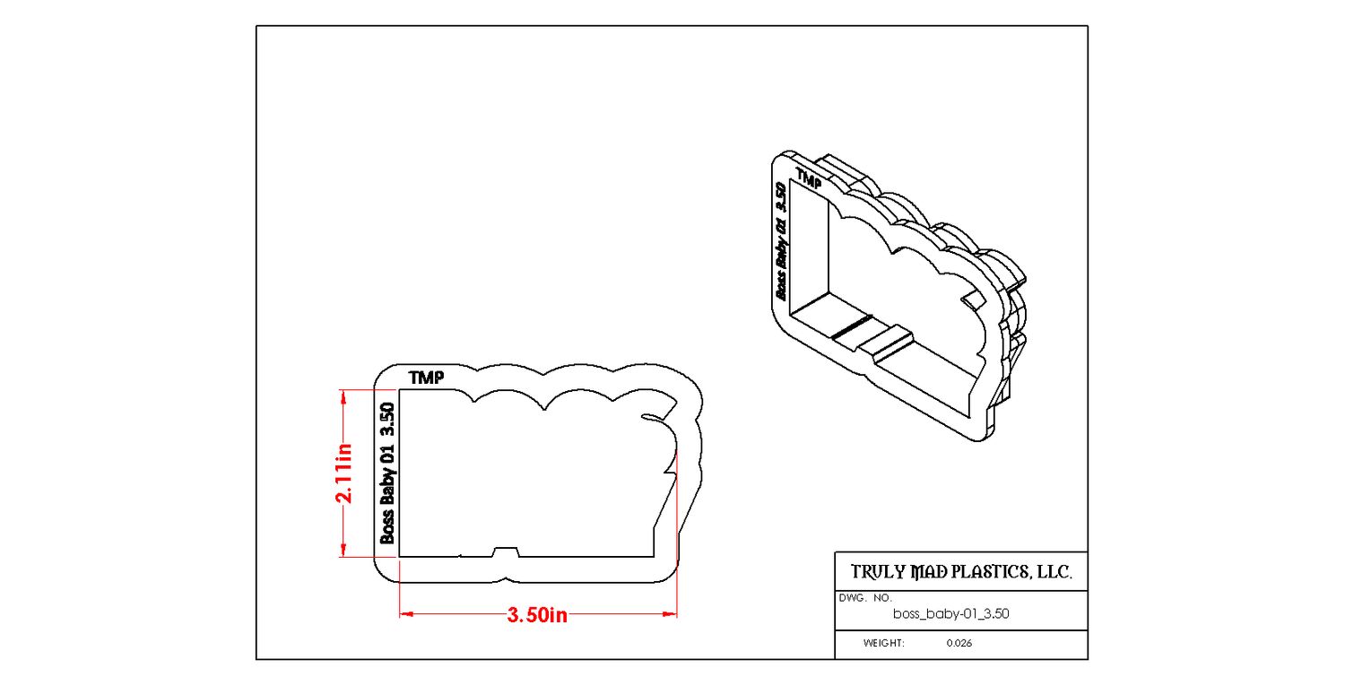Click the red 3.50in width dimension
(x=537, y=614)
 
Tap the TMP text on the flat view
(x=426, y=378)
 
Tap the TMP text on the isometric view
(x=809, y=179)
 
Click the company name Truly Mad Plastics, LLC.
(x=961, y=572)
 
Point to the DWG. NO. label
(x=865, y=598)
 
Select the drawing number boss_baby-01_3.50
(x=951, y=614)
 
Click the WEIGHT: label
(x=884, y=643)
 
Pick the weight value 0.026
(x=959, y=643)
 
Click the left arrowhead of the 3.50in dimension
(x=406, y=614)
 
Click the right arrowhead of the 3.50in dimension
(x=670, y=614)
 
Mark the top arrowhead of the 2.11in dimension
(x=343, y=397)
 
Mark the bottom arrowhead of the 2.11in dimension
(x=343, y=550)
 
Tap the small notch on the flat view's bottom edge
(x=506, y=552)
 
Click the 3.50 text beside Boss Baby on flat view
(x=388, y=420)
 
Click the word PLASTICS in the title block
(x=974, y=572)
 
